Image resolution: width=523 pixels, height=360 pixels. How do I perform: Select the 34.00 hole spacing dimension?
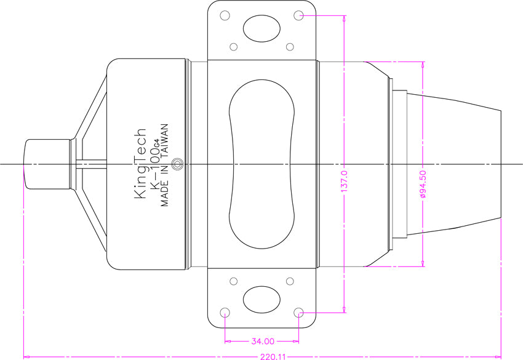(x=262, y=340)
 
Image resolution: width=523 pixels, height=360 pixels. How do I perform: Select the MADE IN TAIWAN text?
(x=165, y=167)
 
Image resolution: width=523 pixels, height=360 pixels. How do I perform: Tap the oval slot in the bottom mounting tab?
(x=261, y=300)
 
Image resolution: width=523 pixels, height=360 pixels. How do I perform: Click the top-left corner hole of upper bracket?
(x=225, y=15)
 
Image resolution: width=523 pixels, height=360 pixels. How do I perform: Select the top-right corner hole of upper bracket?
(x=299, y=15)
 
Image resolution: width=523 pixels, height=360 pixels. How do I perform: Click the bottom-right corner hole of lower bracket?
(x=299, y=312)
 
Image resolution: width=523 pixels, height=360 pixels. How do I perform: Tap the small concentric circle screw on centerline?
(x=178, y=164)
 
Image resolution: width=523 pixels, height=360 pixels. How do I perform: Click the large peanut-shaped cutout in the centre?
(x=262, y=164)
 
